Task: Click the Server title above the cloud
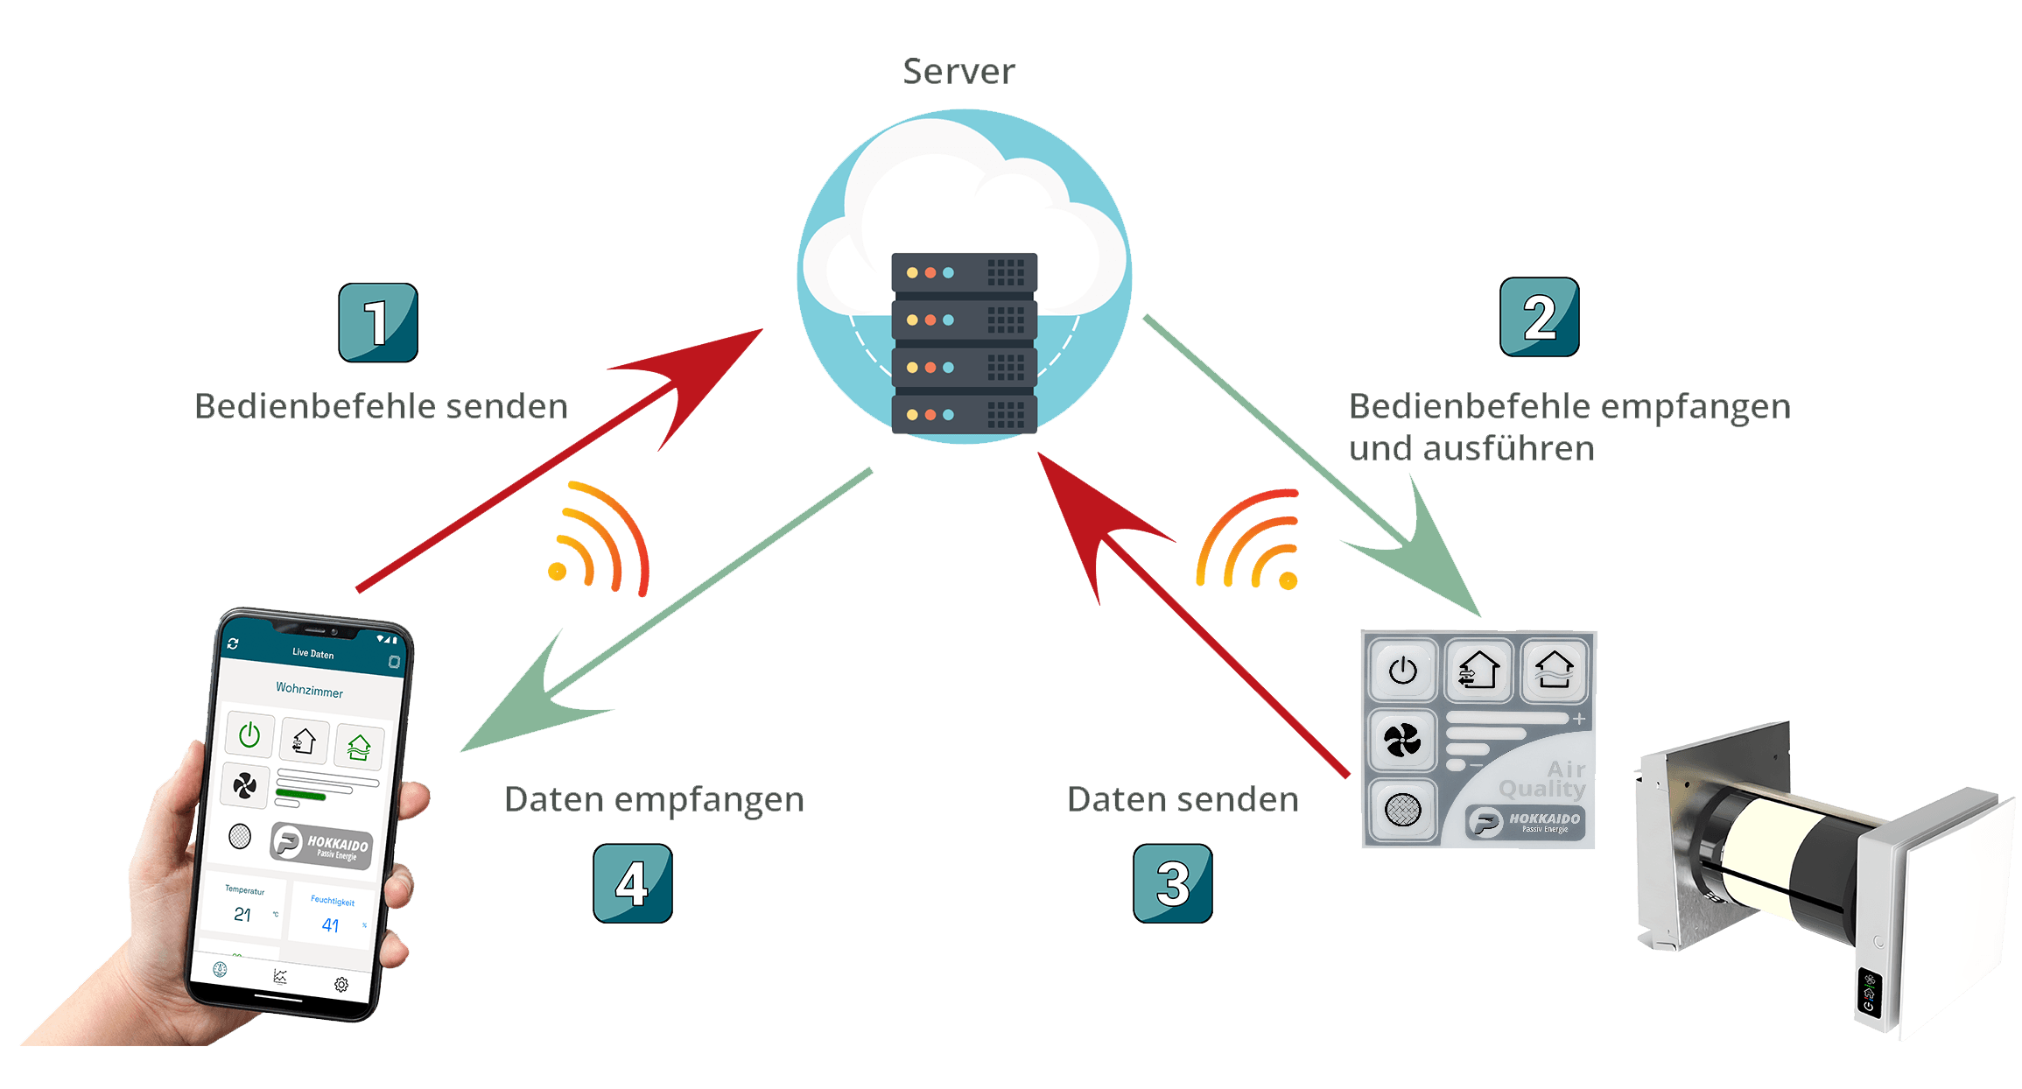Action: pos(958,72)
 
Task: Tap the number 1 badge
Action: pos(377,322)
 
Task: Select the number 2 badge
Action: pos(1539,317)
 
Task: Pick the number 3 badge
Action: pos(1172,882)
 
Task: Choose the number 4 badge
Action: pos(632,882)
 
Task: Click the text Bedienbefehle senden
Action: pos(381,406)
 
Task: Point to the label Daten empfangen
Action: pos(654,799)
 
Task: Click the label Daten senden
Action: pos(1183,799)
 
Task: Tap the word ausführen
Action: pos(1509,448)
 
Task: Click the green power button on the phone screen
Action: pos(249,734)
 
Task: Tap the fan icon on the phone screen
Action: pos(244,786)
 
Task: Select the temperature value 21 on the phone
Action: pos(242,915)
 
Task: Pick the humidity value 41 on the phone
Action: pos(330,925)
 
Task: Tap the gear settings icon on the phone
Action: pos(341,985)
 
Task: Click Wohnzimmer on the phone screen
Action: pos(309,690)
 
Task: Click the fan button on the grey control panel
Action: pos(1402,741)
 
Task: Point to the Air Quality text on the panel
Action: pos(1544,779)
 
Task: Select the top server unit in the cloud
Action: pos(964,272)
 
